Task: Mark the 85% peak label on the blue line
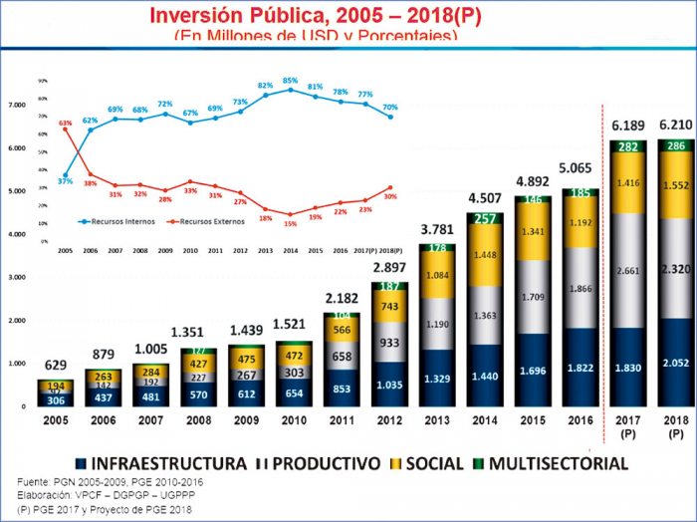click(290, 80)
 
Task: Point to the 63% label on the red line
click(65, 124)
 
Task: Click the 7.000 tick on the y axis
click(17, 105)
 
